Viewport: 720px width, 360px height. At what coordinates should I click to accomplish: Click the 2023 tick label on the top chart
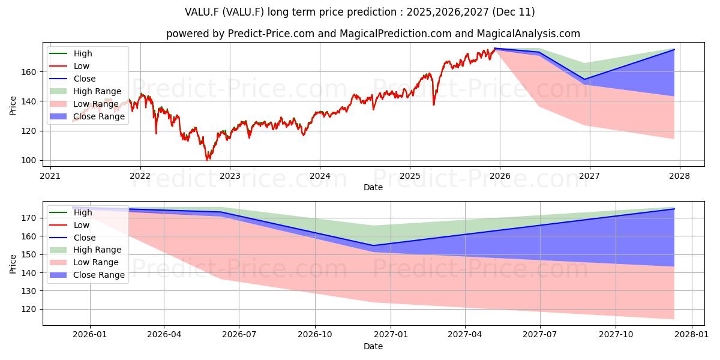230,176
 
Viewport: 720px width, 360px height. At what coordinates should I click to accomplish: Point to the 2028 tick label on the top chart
680,176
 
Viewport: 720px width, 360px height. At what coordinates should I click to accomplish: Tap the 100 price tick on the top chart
29,160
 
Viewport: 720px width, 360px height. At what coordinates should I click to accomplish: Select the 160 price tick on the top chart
29,72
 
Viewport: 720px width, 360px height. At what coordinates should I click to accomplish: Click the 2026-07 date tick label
239,335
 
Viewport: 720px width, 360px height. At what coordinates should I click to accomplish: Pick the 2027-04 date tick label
465,335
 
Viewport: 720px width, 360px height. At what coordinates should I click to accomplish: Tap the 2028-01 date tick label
691,335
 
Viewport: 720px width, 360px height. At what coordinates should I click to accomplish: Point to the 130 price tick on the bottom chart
29,291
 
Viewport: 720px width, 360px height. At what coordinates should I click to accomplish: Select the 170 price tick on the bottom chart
29,218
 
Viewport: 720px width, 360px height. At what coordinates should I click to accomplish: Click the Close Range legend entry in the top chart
87,116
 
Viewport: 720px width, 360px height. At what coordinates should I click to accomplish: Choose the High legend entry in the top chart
71,53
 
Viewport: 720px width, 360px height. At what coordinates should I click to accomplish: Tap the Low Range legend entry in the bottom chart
84,262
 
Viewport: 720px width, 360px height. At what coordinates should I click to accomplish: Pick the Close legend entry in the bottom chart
73,238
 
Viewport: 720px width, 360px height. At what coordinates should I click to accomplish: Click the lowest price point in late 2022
208,160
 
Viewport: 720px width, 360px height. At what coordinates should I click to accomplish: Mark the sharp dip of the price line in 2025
434,104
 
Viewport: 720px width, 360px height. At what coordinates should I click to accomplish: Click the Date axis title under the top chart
373,187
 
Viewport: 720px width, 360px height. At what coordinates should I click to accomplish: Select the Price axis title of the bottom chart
13,264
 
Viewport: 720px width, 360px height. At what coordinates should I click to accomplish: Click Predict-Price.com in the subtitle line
271,34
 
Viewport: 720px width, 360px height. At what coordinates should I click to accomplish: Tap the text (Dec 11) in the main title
514,12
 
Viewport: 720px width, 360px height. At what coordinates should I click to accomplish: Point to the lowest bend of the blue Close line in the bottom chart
373,245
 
